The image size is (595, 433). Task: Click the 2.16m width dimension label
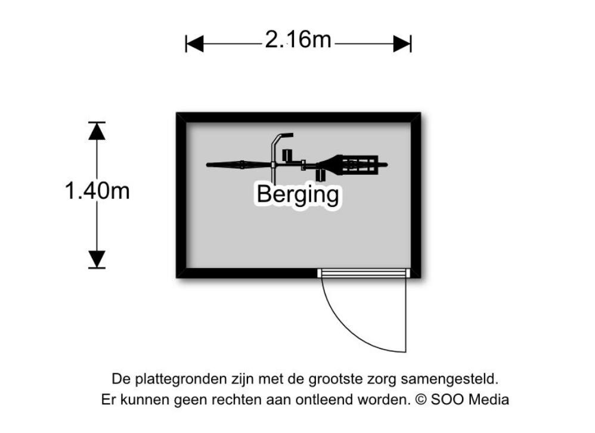pos(298,39)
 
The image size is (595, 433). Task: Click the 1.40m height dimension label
pos(97,190)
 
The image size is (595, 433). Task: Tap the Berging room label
pos(298,195)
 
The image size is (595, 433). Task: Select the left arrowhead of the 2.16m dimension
pos(195,44)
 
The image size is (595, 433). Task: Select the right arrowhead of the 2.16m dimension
pos(402,44)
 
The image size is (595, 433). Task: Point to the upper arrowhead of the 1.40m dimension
pos(97,131)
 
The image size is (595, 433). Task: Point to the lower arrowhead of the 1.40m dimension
pos(97,259)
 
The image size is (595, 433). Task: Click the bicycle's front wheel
pos(240,165)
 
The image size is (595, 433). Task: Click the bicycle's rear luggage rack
pos(360,165)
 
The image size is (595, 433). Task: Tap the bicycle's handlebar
pos(274,152)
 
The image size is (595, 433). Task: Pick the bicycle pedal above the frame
pos(287,155)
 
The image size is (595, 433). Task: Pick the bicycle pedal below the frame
pos(321,175)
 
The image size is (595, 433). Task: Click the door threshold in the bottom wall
pos(364,273)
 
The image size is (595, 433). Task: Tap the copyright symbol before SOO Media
pos(421,399)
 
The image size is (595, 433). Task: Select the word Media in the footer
pos(489,399)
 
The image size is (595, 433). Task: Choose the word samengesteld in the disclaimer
pos(449,379)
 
